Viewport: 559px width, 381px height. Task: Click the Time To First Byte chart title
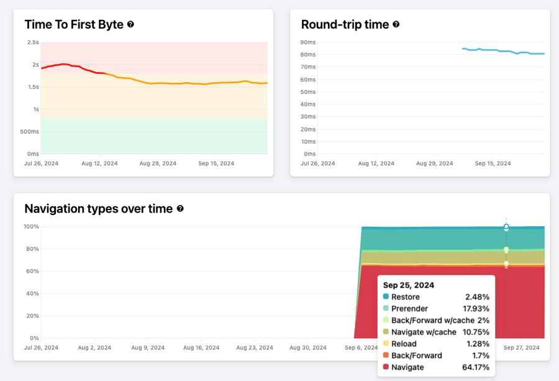click(x=74, y=25)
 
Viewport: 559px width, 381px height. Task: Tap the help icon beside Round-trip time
click(x=396, y=25)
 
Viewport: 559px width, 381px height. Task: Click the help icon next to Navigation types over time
click(x=180, y=209)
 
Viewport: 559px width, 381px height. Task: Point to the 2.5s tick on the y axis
click(x=32, y=42)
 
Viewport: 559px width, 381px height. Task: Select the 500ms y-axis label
click(x=29, y=132)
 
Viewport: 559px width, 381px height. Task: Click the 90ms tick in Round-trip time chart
click(x=308, y=42)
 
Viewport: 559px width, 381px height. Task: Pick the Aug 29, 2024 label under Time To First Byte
click(x=158, y=163)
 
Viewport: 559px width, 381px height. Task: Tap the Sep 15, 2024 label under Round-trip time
click(x=493, y=163)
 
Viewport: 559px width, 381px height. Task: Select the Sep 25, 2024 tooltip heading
click(x=408, y=285)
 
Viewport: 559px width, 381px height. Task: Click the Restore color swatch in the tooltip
click(x=386, y=297)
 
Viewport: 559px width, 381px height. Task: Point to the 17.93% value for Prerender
click(x=476, y=309)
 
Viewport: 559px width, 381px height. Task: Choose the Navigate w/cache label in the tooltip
click(x=424, y=333)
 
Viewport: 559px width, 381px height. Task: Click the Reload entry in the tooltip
click(x=404, y=344)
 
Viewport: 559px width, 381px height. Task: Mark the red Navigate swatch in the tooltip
click(x=386, y=367)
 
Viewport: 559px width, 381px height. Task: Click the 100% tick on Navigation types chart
click(x=31, y=227)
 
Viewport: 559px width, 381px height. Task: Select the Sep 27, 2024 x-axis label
click(x=522, y=348)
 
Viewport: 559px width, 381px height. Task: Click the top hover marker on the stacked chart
click(x=506, y=227)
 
